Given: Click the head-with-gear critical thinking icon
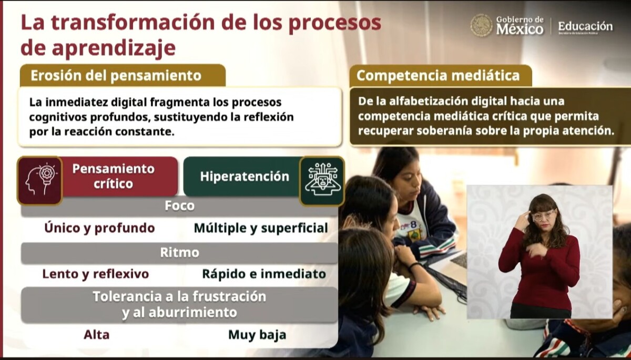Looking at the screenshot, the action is click(40, 180).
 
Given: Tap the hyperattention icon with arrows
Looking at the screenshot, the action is click(322, 181).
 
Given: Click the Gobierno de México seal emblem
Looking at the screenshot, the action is click(481, 25).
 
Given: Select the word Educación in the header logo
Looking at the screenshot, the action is click(585, 26).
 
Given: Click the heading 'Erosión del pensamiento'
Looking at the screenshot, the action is click(116, 76).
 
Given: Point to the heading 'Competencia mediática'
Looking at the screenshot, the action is click(438, 76).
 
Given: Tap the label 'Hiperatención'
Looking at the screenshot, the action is click(245, 177).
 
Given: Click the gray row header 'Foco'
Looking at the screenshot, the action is click(179, 206).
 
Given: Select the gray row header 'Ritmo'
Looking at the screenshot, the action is click(179, 252).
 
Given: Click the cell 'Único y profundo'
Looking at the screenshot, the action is click(99, 228).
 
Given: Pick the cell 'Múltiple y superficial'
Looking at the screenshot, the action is click(261, 228).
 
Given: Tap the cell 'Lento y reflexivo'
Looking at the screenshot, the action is click(96, 274).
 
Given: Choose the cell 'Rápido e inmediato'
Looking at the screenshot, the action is click(264, 274).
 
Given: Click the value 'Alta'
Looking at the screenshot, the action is click(96, 335).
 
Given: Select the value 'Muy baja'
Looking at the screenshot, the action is click(257, 335).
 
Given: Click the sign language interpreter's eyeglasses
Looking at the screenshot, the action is click(544, 215).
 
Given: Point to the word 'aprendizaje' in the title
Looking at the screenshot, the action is click(114, 48).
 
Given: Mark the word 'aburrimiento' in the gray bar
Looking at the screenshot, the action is click(192, 312).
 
